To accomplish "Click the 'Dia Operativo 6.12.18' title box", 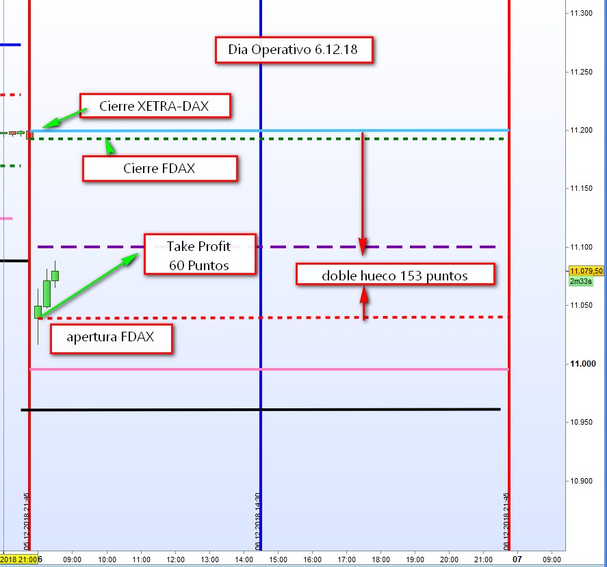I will [x=294, y=50].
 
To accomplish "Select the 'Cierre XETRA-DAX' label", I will [x=154, y=106].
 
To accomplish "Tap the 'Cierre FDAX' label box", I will [x=159, y=168].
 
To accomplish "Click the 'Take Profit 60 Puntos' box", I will [x=199, y=255].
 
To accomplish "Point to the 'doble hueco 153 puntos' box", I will [x=395, y=275].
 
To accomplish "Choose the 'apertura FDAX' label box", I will [x=110, y=337].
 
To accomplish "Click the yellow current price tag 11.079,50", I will [x=586, y=271].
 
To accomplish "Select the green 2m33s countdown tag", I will [x=580, y=281].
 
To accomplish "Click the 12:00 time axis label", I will [x=175, y=559].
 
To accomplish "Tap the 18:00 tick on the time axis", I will [x=380, y=559].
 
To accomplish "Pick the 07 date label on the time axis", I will [x=517, y=559].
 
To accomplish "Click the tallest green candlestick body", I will [x=47, y=293].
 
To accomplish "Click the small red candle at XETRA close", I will [x=29, y=135].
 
